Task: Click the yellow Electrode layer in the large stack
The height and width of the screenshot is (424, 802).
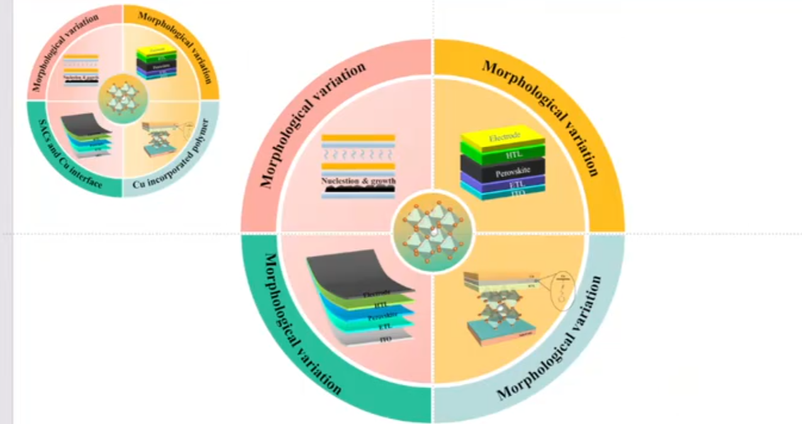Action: pyautogui.click(x=502, y=137)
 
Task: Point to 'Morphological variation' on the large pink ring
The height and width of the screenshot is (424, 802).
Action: pyautogui.click(x=312, y=125)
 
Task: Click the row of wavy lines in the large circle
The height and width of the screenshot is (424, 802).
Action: pyautogui.click(x=358, y=152)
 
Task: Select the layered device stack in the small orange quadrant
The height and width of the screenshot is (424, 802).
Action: pyautogui.click(x=157, y=62)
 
